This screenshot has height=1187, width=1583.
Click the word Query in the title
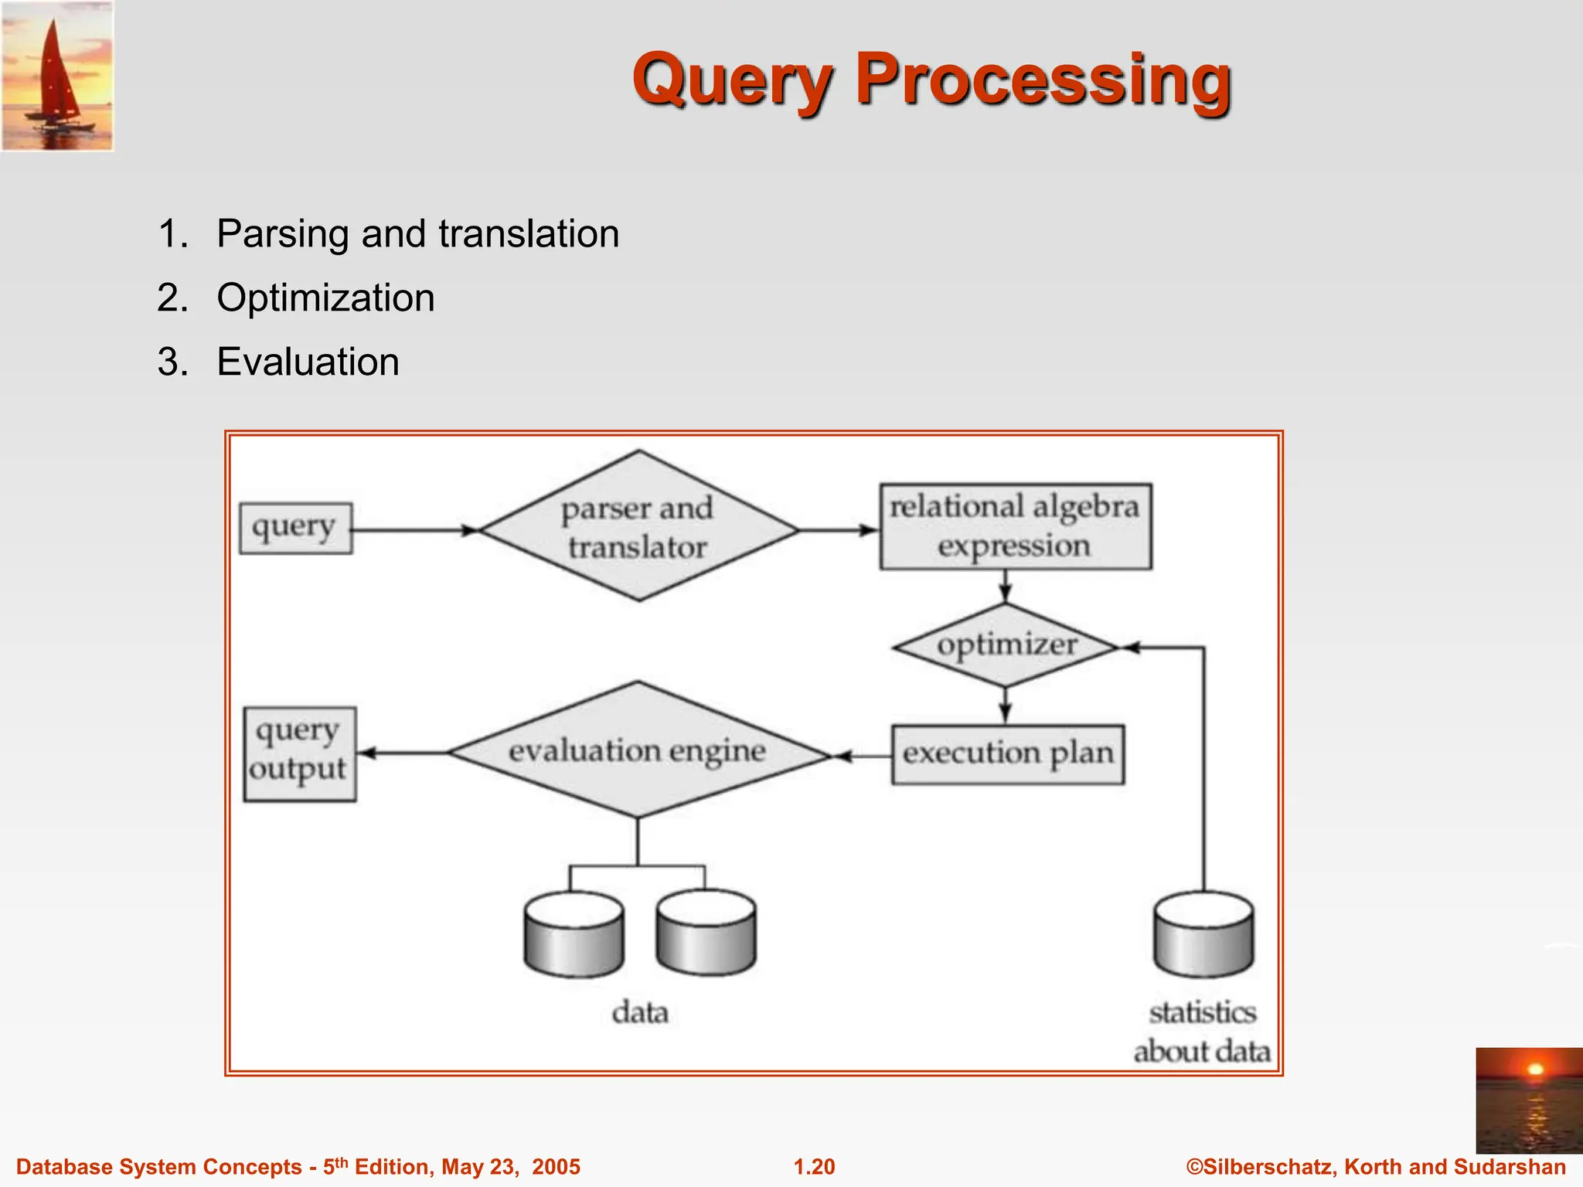(x=733, y=80)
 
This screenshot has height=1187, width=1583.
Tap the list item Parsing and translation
(x=417, y=233)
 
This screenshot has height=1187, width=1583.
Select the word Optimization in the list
(x=325, y=298)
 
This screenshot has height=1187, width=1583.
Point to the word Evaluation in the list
(x=308, y=362)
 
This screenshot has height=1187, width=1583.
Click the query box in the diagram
(x=295, y=529)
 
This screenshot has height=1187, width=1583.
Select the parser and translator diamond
(x=638, y=527)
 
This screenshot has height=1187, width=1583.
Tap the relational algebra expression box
(x=1015, y=526)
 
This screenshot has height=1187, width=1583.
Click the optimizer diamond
(x=1006, y=645)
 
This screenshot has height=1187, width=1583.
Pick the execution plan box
(x=1007, y=753)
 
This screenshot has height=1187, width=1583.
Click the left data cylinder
(x=573, y=935)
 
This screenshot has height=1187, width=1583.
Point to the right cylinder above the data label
(x=705, y=934)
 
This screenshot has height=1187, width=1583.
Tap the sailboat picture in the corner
(x=57, y=76)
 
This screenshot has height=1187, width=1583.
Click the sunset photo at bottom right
(x=1528, y=1100)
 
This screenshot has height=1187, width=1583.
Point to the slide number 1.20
(x=814, y=1166)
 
